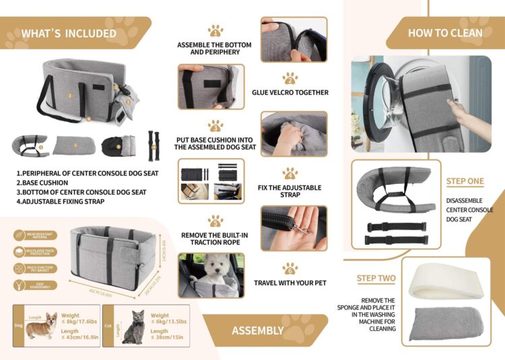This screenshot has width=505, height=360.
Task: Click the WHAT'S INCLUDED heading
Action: point(68,33)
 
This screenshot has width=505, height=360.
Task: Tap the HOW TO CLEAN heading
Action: point(445,32)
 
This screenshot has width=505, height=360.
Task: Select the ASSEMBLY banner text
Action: point(258,330)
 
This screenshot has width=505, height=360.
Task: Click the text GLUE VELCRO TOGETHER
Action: point(290,93)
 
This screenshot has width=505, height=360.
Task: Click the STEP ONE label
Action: point(465,182)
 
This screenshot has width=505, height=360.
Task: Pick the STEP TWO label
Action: point(376,278)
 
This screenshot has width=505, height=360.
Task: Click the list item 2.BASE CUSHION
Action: point(42,182)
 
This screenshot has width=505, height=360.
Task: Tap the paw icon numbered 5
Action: point(215,221)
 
